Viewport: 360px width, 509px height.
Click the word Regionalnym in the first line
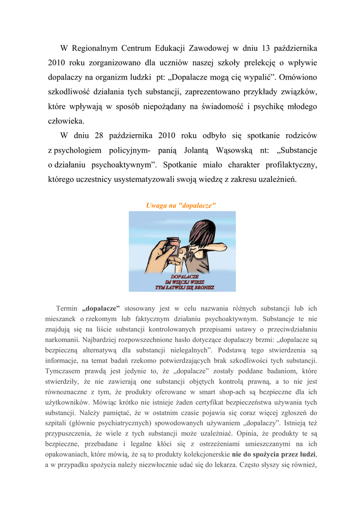point(94,48)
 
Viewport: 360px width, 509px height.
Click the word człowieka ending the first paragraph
point(66,121)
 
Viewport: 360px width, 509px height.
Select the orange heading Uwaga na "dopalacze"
point(180,205)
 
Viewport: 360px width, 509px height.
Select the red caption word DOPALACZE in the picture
point(184,276)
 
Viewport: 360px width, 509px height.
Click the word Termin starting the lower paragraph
point(67,309)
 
